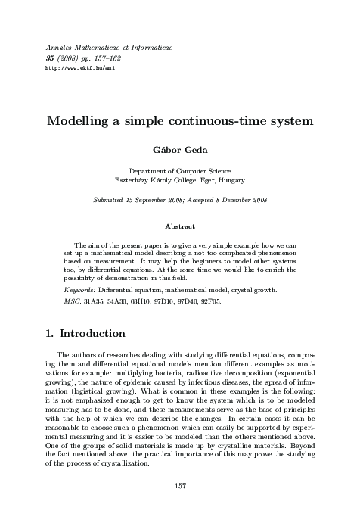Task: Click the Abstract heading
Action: click(179, 226)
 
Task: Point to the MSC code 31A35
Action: click(94, 302)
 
